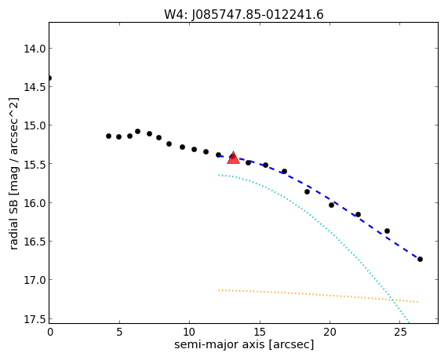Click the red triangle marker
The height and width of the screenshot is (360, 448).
[234, 158]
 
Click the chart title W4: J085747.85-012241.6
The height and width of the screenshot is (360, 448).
[244, 15]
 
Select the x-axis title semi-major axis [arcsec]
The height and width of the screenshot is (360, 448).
[244, 344]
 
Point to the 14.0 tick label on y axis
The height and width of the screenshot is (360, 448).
[35, 49]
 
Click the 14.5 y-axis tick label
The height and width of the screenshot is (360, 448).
[35, 87]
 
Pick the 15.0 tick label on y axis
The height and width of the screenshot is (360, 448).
[35, 125]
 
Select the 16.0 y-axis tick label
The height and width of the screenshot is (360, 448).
[35, 203]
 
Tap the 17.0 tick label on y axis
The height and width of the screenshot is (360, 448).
[35, 280]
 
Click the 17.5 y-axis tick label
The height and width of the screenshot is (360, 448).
[35, 319]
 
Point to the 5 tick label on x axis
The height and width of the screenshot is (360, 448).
[119, 332]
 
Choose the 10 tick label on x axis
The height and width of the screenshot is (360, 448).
[189, 332]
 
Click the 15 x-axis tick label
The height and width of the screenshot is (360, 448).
[260, 332]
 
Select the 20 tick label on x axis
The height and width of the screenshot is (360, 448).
[330, 332]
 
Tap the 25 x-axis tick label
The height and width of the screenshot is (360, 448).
[400, 332]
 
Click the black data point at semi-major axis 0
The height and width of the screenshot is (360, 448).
[49, 78]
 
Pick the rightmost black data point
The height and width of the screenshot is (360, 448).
[420, 259]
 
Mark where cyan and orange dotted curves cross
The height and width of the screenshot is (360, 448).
[392, 300]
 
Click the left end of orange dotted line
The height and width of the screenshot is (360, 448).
[219, 290]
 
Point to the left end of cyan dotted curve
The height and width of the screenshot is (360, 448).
[219, 175]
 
